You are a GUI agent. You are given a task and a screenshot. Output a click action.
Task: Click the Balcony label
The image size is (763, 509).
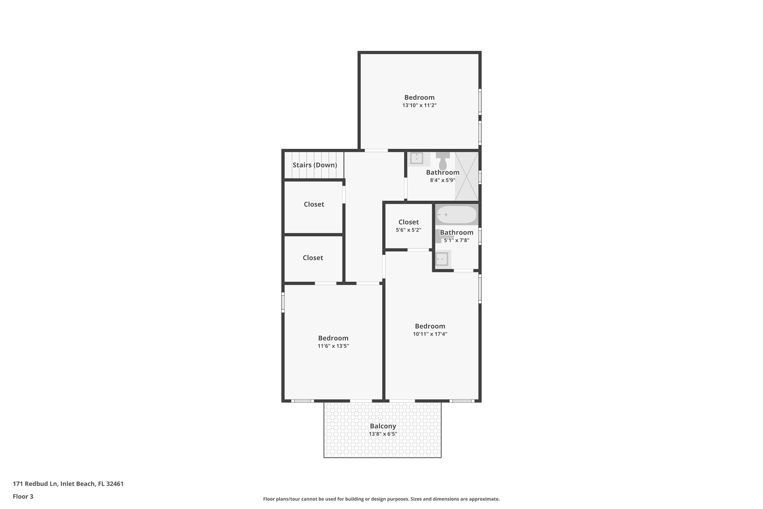click(x=383, y=426)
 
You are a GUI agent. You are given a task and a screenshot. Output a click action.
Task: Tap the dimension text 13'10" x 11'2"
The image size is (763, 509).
click(x=419, y=105)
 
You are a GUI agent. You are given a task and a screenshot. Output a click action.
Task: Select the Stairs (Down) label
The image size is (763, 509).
click(x=315, y=165)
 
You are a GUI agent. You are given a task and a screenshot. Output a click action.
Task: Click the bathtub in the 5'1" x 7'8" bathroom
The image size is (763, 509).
click(x=457, y=215)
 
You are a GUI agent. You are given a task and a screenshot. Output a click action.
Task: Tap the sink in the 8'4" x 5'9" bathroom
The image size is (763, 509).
click(x=417, y=158)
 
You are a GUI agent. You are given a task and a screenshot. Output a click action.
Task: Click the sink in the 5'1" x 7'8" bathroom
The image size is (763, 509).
click(x=442, y=259)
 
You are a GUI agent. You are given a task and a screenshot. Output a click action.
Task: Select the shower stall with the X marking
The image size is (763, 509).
click(x=466, y=176)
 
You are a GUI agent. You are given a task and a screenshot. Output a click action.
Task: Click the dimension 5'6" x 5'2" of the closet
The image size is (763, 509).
click(x=408, y=230)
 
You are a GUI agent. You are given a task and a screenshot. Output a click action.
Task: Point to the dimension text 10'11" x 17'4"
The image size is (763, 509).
click(x=430, y=334)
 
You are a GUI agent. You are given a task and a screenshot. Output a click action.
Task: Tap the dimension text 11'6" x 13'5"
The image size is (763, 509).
click(x=333, y=346)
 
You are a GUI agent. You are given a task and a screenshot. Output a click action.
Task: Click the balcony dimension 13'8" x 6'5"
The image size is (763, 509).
click(x=383, y=434)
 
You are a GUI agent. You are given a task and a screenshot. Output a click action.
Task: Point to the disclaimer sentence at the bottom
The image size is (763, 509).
click(x=381, y=499)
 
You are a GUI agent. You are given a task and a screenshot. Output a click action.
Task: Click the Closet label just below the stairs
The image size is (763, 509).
click(x=314, y=204)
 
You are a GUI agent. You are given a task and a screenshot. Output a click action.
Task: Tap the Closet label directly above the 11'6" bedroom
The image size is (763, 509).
click(x=313, y=258)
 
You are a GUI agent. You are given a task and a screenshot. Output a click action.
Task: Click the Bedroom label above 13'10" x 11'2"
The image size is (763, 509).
click(x=419, y=97)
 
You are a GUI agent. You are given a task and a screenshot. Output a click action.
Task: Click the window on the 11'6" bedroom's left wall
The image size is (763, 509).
click(x=283, y=302)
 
